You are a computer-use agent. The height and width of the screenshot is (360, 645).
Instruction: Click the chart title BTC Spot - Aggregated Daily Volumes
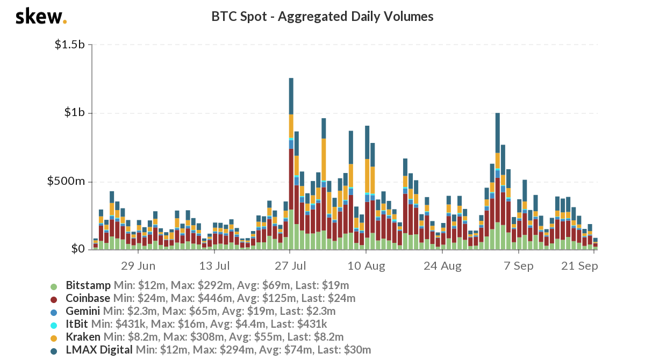point(322,17)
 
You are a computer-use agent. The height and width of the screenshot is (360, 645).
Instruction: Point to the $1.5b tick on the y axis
point(69,45)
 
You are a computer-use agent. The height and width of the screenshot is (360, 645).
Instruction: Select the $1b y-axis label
point(74,113)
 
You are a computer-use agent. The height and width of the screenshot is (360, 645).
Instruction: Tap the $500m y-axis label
point(67,182)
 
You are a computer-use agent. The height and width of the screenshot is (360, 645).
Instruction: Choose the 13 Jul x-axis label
point(214,266)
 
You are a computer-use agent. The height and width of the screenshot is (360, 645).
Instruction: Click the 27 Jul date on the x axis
point(290,266)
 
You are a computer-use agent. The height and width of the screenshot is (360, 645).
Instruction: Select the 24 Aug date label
point(442,266)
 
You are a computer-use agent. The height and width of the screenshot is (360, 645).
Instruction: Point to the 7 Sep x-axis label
point(518,266)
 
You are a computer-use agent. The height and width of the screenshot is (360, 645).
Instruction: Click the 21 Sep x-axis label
point(579,266)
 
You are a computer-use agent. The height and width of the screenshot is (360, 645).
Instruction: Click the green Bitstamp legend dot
point(53,285)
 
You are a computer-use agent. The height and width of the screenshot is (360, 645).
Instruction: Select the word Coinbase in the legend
point(88,298)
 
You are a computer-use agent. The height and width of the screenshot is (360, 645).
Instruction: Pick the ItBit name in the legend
point(77,324)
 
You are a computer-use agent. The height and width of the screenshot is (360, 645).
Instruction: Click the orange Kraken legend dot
point(53,337)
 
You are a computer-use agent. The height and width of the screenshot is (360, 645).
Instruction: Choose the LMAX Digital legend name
point(99,350)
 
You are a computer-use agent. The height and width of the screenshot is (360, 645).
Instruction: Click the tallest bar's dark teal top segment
point(291,96)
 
